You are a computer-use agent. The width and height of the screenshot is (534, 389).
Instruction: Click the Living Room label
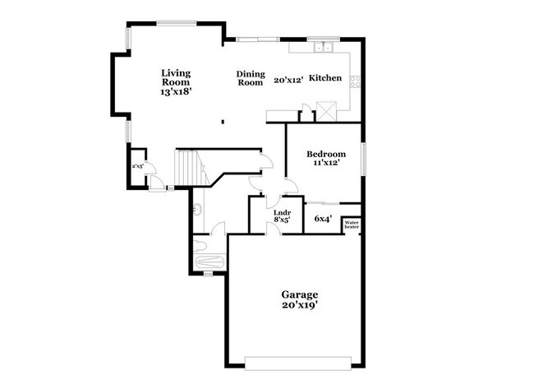(x=177, y=77)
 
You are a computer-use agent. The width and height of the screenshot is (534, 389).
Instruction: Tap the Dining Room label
(x=251, y=77)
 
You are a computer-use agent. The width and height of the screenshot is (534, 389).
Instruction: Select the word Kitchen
(x=325, y=78)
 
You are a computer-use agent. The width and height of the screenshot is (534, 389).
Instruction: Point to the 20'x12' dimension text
(x=289, y=80)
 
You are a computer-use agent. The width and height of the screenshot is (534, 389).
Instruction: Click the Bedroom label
(x=325, y=154)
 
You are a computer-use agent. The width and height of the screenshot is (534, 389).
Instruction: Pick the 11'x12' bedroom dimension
(x=325, y=164)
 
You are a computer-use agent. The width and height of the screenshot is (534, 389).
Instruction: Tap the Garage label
(x=299, y=294)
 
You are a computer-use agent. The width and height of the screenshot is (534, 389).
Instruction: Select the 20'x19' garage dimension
(x=299, y=305)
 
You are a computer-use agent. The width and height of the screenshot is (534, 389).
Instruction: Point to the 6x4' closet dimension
(x=323, y=219)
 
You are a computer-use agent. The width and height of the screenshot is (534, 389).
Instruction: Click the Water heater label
(x=352, y=224)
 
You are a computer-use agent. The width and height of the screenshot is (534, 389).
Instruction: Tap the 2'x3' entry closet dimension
(x=138, y=166)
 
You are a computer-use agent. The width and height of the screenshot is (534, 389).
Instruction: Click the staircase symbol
(x=189, y=168)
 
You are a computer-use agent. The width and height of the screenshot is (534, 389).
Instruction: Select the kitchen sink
(x=319, y=47)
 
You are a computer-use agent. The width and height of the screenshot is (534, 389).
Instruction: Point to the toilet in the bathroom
(x=200, y=244)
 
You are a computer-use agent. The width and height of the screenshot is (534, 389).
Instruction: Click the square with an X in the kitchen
(x=327, y=111)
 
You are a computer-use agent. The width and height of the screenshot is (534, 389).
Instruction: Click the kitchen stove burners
(x=356, y=81)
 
